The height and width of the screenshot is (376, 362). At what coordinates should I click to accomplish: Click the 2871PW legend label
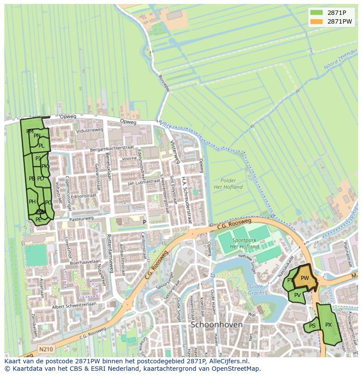tap(339, 21)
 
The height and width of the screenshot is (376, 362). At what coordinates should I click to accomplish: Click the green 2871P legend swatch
tap(317, 13)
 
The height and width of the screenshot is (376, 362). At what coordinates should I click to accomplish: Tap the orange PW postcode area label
tap(305, 278)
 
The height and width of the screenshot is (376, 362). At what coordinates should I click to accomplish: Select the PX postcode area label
tap(328, 325)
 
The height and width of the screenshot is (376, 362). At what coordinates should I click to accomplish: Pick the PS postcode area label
tap(312, 326)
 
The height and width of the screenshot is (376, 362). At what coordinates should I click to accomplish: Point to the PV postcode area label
tap(297, 295)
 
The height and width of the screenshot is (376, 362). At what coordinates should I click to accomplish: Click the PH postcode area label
tap(32, 202)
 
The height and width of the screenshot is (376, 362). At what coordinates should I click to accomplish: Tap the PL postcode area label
tap(41, 146)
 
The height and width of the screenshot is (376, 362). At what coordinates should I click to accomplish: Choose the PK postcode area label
tap(45, 166)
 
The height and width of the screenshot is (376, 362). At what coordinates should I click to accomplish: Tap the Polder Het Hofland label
tap(228, 184)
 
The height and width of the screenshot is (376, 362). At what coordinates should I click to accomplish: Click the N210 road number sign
tap(45, 349)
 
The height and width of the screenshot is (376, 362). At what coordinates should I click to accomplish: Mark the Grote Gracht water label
tap(256, 290)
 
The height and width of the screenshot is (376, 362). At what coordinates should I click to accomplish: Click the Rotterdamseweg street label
tap(110, 253)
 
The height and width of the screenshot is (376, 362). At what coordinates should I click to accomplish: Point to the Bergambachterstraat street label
tap(111, 149)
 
